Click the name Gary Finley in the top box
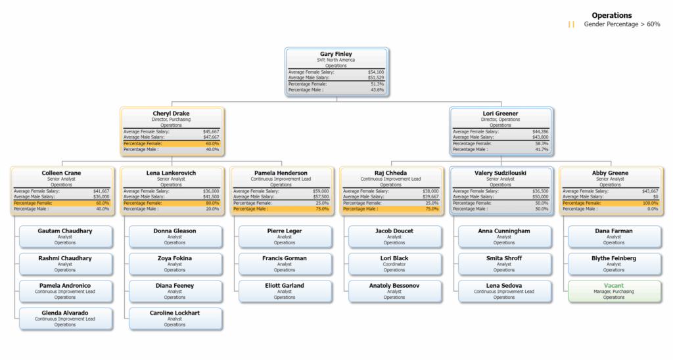point(336,54)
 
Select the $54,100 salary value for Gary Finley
point(376,72)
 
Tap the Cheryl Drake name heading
point(172,114)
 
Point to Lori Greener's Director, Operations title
point(500,120)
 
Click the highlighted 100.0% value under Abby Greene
point(649,203)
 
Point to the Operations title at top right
point(611,15)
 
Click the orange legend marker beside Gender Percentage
point(571,24)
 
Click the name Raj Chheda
point(390,173)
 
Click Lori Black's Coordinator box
point(394,263)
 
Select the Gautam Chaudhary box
point(65,236)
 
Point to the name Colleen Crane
point(62,173)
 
